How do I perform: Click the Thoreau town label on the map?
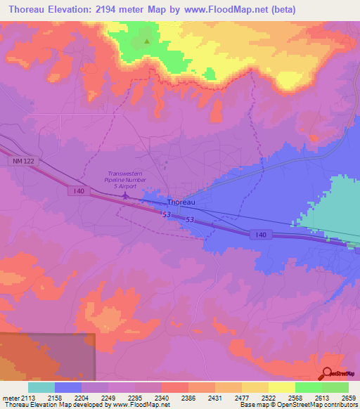[x=180, y=201]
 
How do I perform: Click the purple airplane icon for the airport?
[x=125, y=196]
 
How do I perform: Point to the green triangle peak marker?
[x=147, y=41]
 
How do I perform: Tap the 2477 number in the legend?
[x=243, y=398]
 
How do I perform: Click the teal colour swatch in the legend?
[x=41, y=387]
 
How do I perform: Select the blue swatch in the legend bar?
[x=68, y=387]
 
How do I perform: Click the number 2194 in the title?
[x=114, y=10]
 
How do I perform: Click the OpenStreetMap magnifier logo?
[x=328, y=372]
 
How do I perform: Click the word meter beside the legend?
[x=11, y=398]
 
